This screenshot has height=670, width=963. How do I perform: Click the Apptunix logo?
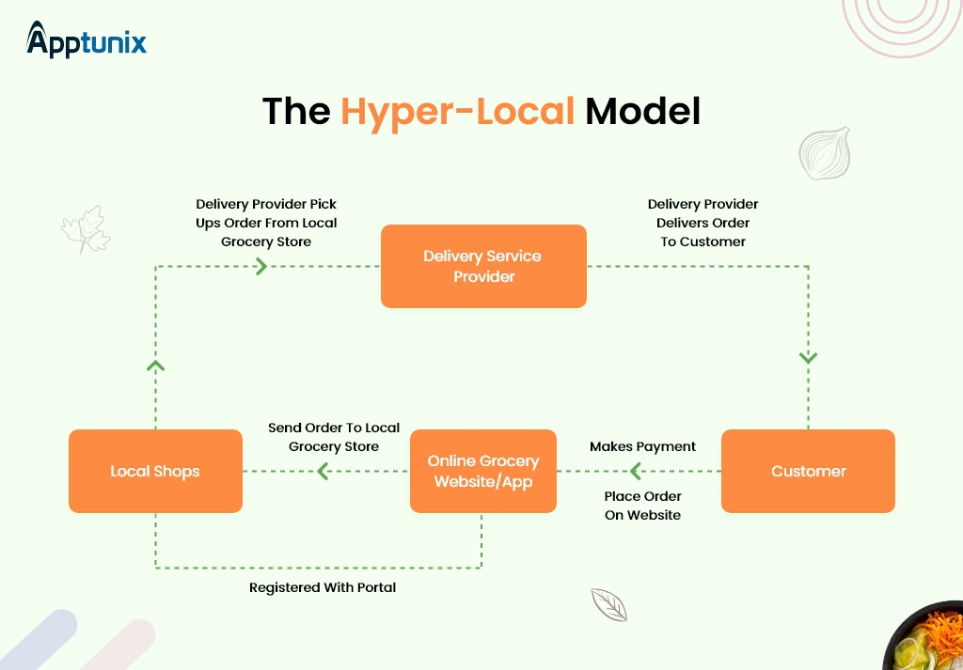point(87,40)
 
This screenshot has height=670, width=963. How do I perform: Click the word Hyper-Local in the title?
point(457,112)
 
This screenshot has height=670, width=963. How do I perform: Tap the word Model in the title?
point(642,112)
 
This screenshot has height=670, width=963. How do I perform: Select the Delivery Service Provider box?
point(482,266)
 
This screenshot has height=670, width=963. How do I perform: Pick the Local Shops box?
point(155,471)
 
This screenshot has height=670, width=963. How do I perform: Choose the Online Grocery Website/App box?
point(483,471)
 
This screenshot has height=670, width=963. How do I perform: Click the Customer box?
point(808,471)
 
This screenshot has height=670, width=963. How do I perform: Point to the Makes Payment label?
point(642,446)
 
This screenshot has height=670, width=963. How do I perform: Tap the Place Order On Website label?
point(642,506)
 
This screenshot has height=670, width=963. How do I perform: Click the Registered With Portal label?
point(323,587)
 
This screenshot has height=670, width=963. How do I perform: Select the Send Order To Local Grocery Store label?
point(334,437)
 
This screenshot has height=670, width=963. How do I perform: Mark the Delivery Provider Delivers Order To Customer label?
point(703,223)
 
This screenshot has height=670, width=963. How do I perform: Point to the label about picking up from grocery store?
point(266,223)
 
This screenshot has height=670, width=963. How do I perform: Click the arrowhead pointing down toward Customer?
point(808,358)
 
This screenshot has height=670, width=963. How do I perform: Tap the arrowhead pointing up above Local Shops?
point(156,365)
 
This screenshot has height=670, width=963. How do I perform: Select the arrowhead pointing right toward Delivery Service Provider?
point(261,267)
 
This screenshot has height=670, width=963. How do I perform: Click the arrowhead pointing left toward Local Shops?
point(323,472)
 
